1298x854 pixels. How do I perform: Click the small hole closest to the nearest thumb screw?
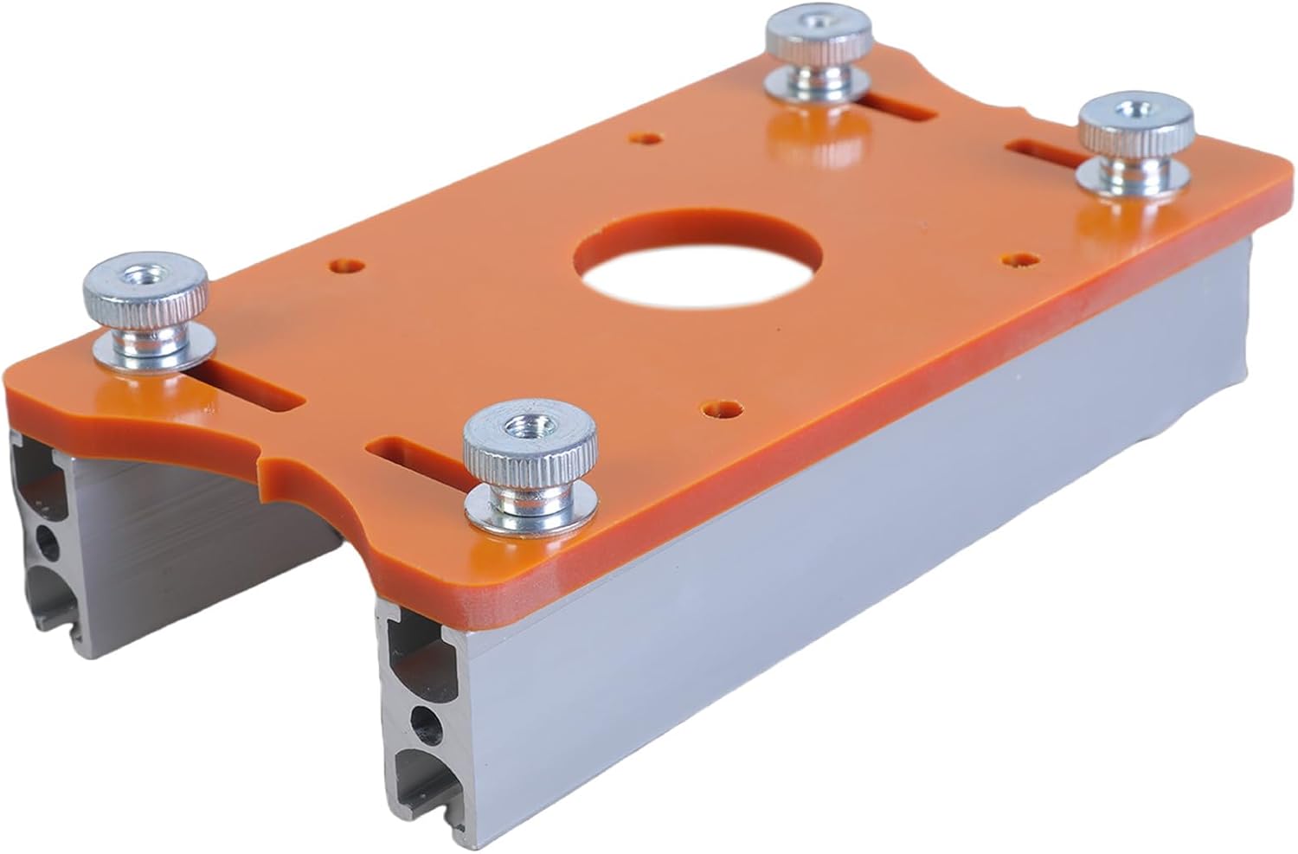tap(721, 406)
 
